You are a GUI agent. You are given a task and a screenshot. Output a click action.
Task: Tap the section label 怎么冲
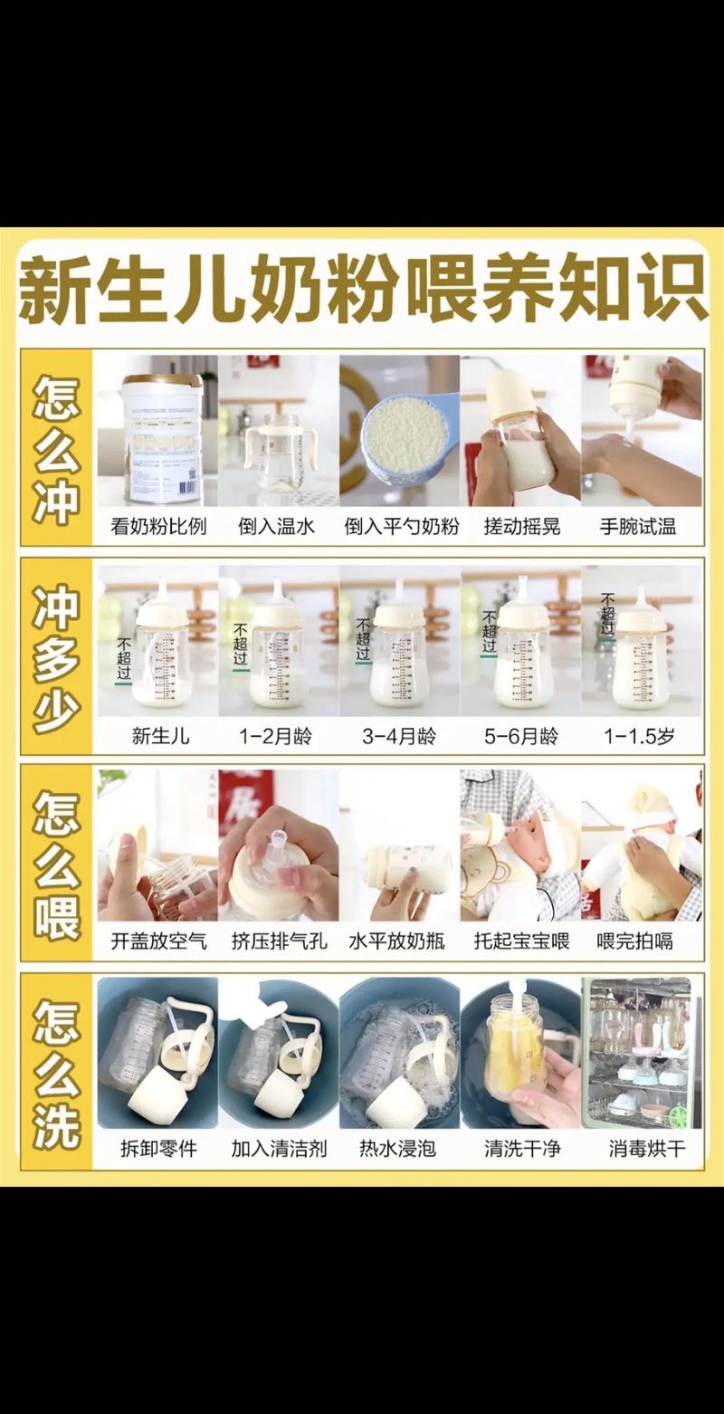click(56, 449)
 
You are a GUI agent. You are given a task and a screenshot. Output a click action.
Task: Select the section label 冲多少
click(56, 659)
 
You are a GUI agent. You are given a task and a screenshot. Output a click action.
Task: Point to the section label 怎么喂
click(56, 864)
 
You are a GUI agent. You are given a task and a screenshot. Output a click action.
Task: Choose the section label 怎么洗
click(56, 1074)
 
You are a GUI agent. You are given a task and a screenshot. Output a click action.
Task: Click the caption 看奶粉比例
click(157, 527)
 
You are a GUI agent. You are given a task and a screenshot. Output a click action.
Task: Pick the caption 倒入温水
click(278, 527)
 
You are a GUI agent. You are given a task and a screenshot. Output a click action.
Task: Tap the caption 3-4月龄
click(399, 736)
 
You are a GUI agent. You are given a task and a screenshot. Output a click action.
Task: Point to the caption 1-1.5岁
click(641, 736)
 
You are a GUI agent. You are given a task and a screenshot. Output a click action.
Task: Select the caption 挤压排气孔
click(278, 941)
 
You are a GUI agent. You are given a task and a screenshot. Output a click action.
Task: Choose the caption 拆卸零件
click(157, 1150)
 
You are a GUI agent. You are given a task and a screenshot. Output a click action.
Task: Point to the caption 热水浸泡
click(398, 1150)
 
